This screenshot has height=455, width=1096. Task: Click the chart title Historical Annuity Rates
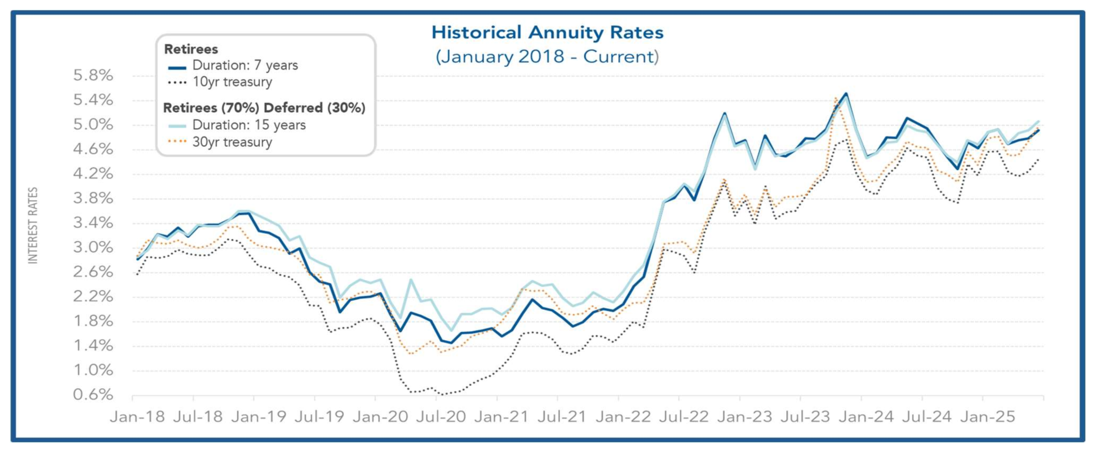coord(547,33)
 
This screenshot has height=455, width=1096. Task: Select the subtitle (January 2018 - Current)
coord(547,56)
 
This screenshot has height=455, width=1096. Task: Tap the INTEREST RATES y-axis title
coord(33,226)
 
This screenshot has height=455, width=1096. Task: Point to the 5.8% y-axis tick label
coord(93,76)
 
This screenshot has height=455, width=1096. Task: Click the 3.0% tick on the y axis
coord(93,247)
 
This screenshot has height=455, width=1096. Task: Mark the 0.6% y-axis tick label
coord(93,395)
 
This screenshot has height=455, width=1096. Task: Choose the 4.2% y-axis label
coord(93,173)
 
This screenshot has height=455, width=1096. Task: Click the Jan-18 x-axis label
coord(137,417)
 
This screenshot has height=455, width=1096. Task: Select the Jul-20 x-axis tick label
coord(441,417)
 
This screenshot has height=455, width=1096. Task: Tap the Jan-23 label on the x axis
coord(745,417)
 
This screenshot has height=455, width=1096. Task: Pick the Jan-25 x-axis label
coord(988,417)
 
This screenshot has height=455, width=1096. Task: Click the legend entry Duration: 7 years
coord(245,66)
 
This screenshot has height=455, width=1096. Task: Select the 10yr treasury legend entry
coord(232,82)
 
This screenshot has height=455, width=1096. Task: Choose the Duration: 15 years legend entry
coord(249,125)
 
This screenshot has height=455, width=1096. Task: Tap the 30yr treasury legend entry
coord(232,142)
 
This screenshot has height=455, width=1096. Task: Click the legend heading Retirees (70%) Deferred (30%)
coord(264,108)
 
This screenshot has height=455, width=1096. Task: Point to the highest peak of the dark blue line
coord(846,94)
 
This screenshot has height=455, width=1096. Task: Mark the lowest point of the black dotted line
coord(442,394)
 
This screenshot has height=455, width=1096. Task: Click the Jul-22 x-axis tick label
coord(684,417)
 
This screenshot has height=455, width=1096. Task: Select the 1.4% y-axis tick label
coord(93,346)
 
